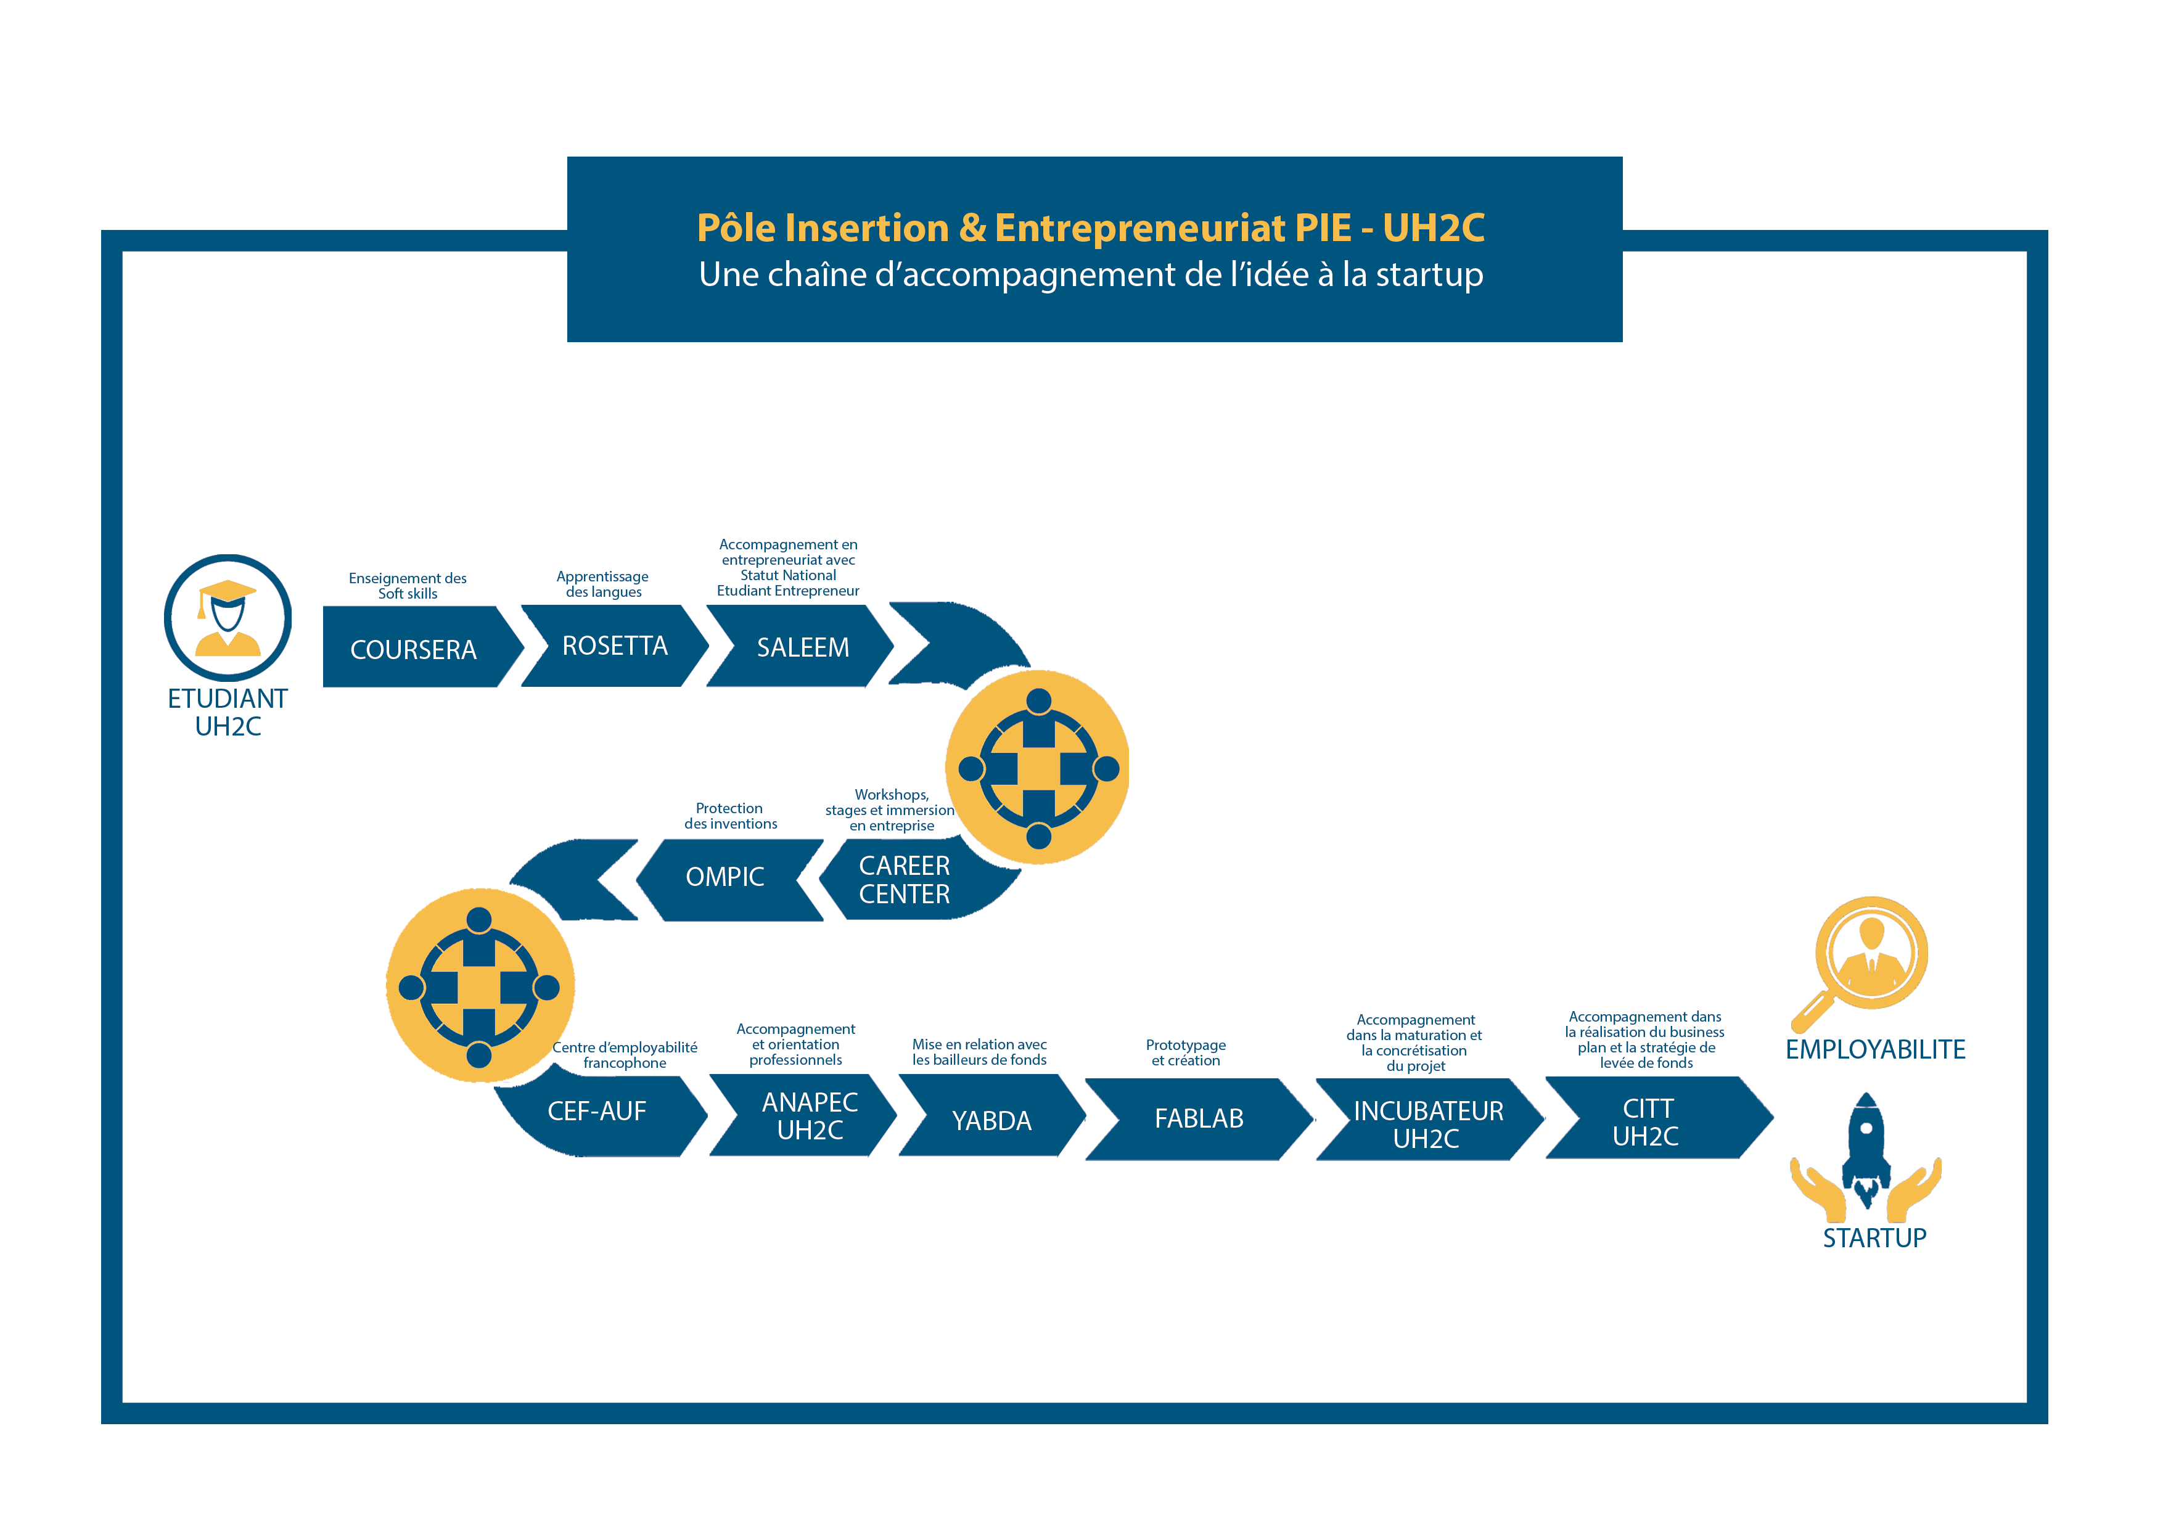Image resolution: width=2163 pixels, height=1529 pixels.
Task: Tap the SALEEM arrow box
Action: pos(801,646)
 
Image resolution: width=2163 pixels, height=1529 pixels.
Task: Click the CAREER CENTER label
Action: pos(905,880)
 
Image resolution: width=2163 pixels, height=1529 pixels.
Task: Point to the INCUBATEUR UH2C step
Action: pos(1430,1119)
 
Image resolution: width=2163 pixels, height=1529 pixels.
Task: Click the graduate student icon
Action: pos(228,618)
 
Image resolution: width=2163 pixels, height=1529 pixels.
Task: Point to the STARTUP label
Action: pos(1874,1238)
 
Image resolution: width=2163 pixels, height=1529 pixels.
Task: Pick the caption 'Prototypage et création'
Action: pos(1186,1052)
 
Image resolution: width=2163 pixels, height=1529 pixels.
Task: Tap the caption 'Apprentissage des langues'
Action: pos(603,584)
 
